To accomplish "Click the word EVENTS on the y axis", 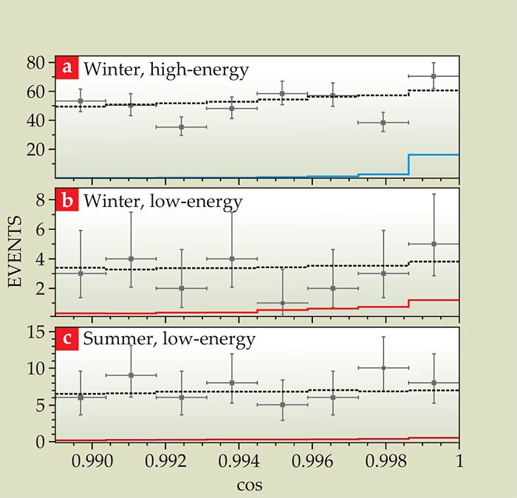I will coord(23,251).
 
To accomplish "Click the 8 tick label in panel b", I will coord(44,199).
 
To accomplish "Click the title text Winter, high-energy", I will coord(165,69).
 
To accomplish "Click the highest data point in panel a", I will coord(434,76).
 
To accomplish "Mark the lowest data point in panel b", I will coord(282,303).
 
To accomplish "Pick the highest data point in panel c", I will coord(383,367).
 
